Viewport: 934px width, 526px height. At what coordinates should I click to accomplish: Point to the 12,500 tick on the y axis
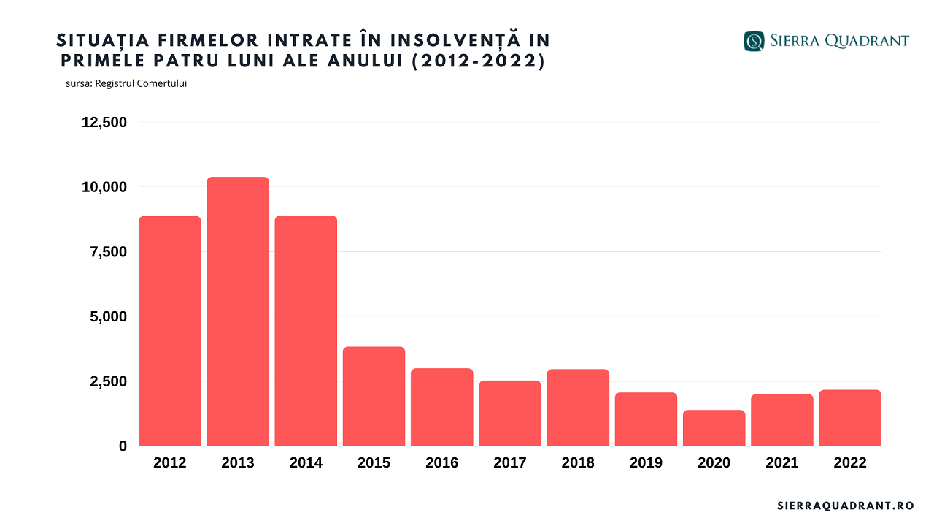click(x=104, y=122)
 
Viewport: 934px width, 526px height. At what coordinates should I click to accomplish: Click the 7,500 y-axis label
click(x=104, y=252)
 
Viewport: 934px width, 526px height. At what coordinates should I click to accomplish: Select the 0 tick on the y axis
click(x=123, y=446)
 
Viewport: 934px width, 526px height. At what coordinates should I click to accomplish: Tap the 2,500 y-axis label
click(x=104, y=381)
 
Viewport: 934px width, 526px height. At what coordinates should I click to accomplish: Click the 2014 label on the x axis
click(x=306, y=463)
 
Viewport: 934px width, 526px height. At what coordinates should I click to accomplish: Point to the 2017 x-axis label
click(x=510, y=463)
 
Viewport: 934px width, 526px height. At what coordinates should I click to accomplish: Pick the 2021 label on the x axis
click(x=782, y=463)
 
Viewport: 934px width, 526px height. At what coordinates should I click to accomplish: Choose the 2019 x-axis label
click(x=646, y=463)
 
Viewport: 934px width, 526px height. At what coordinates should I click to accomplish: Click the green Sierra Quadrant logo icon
click(x=754, y=41)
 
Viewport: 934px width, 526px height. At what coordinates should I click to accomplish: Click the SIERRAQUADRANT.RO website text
click(x=846, y=506)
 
